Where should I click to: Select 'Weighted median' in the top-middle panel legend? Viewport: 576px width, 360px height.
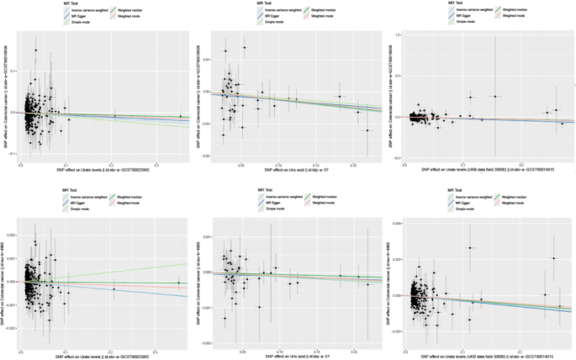click(x=322, y=10)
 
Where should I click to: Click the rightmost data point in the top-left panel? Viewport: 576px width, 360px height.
click(x=179, y=116)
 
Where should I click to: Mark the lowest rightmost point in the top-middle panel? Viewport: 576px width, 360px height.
click(x=367, y=130)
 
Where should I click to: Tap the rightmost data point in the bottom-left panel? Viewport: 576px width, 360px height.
click(x=177, y=283)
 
